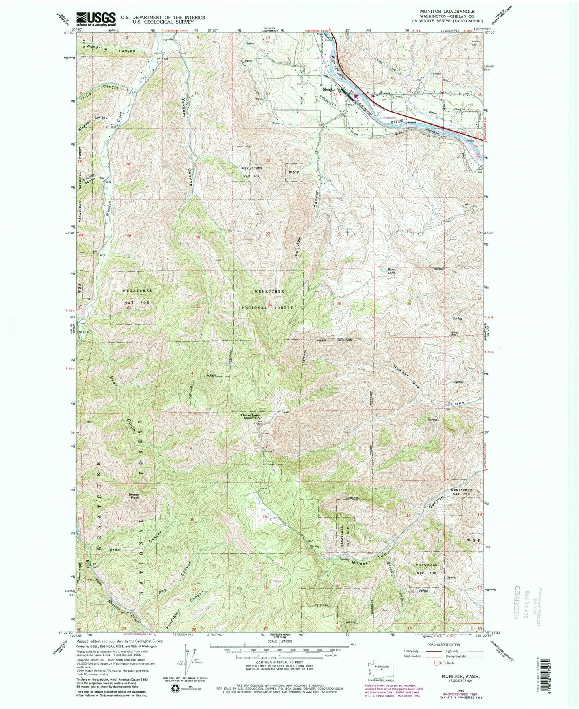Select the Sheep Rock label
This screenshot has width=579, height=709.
pos(134,496)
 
